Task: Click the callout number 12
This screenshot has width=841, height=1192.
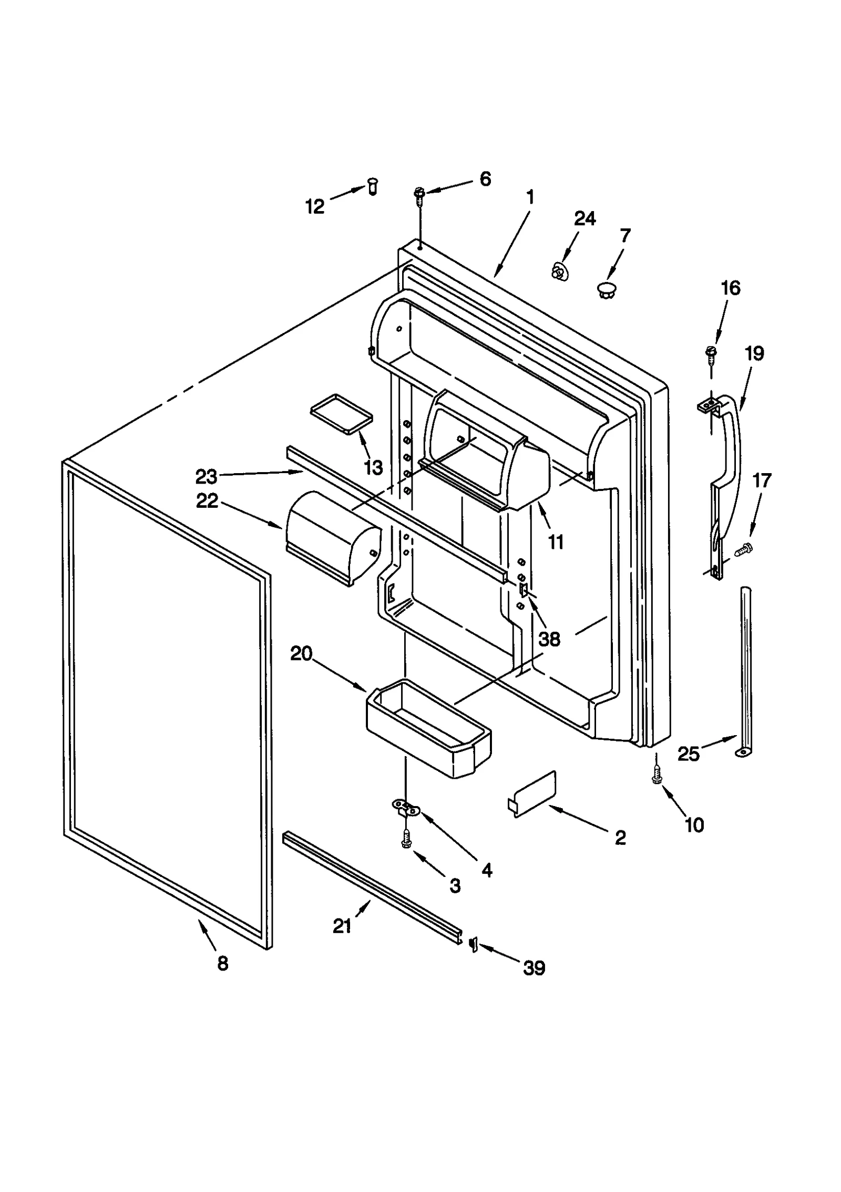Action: click(x=314, y=206)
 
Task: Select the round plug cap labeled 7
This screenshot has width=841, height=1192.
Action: click(x=607, y=289)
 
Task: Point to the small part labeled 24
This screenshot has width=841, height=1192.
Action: click(x=560, y=272)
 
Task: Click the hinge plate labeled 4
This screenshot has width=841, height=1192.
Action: click(x=406, y=809)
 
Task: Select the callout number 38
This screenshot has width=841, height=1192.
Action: click(x=549, y=639)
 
